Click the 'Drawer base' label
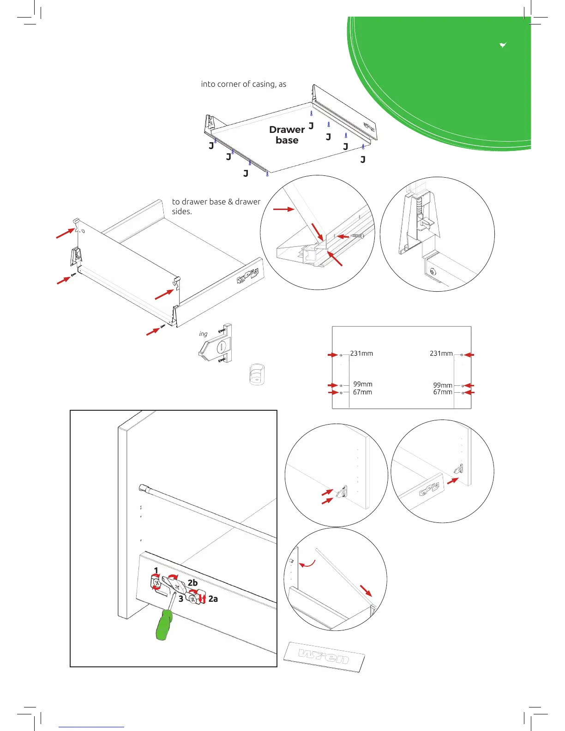click(287, 135)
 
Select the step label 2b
click(192, 583)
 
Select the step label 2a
click(213, 599)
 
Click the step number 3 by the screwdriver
click(181, 599)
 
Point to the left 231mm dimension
click(361, 354)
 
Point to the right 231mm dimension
click(441, 354)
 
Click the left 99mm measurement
click(363, 384)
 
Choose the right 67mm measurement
click(442, 392)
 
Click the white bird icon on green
click(503, 45)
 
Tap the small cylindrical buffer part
click(257, 374)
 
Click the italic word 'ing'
click(203, 334)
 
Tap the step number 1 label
click(156, 570)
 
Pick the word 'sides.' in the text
click(182, 211)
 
